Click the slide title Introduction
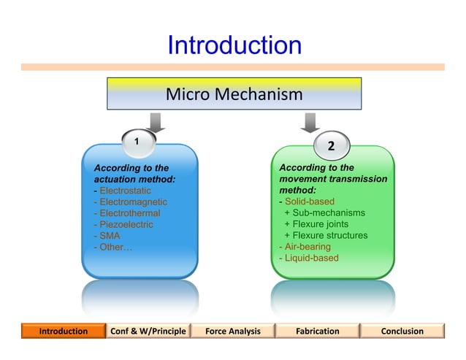coord(234,45)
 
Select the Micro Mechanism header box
coord(234,94)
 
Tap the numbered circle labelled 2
coord(331,146)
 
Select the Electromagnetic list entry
coord(131,202)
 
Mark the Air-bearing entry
coord(305,247)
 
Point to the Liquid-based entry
coord(309,258)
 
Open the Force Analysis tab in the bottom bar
coord(233,331)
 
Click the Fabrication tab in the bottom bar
coord(317,331)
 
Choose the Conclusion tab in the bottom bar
coord(402,331)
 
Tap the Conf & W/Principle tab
coord(148,331)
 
